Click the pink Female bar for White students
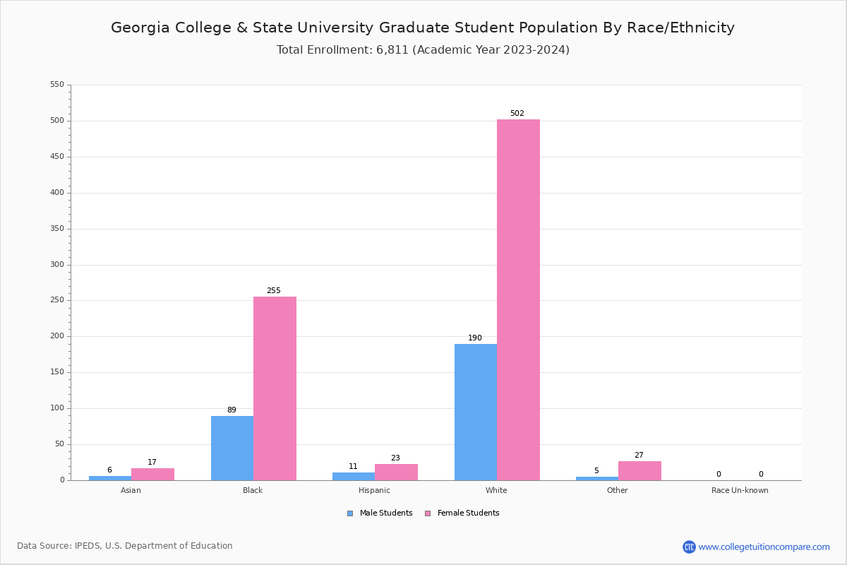[x=518, y=299]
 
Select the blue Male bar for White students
[x=475, y=412]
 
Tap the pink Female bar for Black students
[x=275, y=388]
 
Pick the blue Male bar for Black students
[x=232, y=448]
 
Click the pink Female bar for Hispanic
[x=396, y=472]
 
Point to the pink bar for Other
[x=639, y=471]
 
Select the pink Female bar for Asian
[x=152, y=475]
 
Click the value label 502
[x=517, y=114]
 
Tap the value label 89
[x=232, y=410]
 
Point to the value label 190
[x=475, y=338]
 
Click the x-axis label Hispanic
[x=374, y=490]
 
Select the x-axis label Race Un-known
[x=740, y=490]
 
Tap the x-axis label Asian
[x=131, y=490]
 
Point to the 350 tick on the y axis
[x=57, y=229]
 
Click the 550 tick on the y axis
[x=57, y=85]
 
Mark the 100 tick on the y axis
[x=57, y=408]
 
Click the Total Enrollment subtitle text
[x=423, y=50]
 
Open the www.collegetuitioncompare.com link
[x=764, y=547]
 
